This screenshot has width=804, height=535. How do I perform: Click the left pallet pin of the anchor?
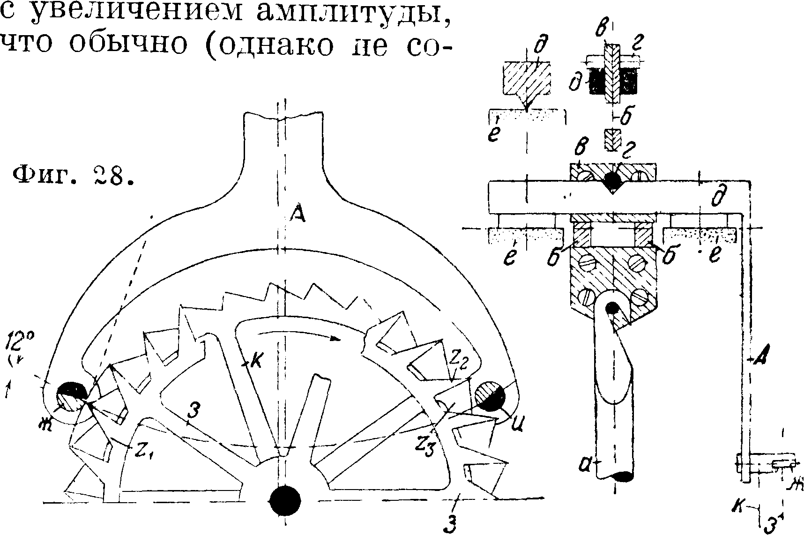coord(71,396)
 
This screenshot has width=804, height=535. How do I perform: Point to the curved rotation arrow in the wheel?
coord(300,334)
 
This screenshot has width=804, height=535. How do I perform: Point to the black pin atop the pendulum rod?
coord(612,308)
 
